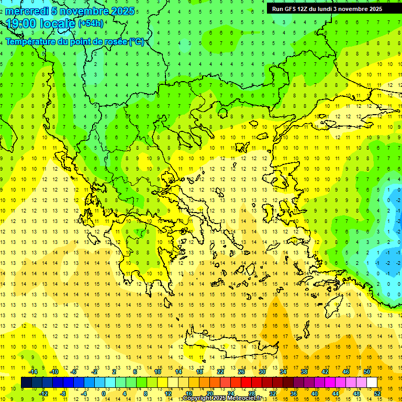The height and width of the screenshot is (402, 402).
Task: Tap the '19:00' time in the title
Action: tap(20, 24)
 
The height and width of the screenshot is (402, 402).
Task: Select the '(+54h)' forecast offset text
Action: tap(91, 24)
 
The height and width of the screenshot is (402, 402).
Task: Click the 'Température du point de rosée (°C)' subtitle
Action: tap(75, 41)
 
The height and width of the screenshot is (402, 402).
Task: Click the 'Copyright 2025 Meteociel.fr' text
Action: tap(222, 398)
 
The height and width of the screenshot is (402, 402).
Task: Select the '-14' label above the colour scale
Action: tap(33, 372)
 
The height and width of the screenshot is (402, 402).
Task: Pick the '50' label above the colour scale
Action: tap(367, 372)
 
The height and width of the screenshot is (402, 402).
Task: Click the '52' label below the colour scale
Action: tap(377, 394)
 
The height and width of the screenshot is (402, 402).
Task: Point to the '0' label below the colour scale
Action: tap(104, 394)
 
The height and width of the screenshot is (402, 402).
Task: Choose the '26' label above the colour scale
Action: tap(241, 372)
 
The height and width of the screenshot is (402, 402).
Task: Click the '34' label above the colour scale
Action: tap(283, 372)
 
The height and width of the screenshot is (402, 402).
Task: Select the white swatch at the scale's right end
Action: tap(372, 382)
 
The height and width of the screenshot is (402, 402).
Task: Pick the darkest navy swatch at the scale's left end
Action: tap(26, 382)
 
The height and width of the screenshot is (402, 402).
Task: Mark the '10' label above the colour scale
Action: tap(157, 372)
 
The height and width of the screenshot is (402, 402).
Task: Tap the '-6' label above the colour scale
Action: tap(74, 372)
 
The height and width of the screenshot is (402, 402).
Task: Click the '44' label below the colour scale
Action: tap(335, 394)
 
